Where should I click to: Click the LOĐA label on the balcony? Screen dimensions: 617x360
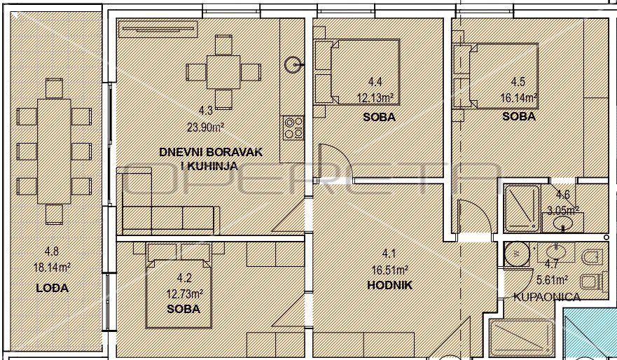pyautogui.click(x=53, y=288)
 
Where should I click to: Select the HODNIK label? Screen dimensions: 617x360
pyautogui.click(x=389, y=285)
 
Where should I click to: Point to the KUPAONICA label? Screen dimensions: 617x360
pyautogui.click(x=546, y=297)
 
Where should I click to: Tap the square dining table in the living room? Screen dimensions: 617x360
pyautogui.click(x=223, y=72)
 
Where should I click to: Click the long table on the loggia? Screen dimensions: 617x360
pyautogui.click(x=55, y=151)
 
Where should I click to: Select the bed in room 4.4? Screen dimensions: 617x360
pyautogui.click(x=365, y=71)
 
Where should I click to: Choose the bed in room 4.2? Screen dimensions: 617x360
pyautogui.click(x=179, y=293)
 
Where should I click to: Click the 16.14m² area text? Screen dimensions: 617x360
pyautogui.click(x=519, y=97)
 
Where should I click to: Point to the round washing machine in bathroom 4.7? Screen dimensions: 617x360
pyautogui.click(x=517, y=254)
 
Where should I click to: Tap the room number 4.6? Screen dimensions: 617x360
pyautogui.click(x=562, y=195)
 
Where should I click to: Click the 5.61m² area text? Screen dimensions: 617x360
pyautogui.click(x=552, y=279)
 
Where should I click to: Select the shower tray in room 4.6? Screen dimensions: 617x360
pyautogui.click(x=522, y=209)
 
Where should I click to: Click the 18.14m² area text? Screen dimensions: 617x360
pyautogui.click(x=52, y=268)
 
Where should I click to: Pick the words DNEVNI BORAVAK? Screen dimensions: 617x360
pyautogui.click(x=211, y=152)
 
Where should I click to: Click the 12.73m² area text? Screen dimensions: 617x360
pyautogui.click(x=185, y=293)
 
